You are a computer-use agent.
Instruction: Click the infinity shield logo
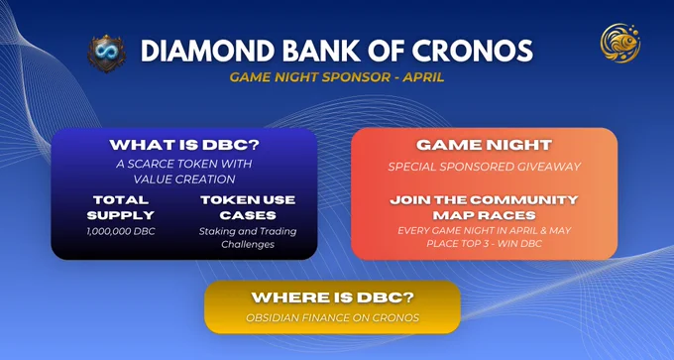pyautogui.click(x=107, y=54)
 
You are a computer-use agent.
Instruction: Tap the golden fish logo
pyautogui.click(x=620, y=43)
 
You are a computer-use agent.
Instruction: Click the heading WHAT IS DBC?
pyautogui.click(x=184, y=145)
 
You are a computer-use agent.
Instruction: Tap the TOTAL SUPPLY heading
pyautogui.click(x=120, y=207)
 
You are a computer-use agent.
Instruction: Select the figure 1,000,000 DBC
pyautogui.click(x=120, y=231)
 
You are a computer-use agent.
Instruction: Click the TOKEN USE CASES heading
pyautogui.click(x=248, y=207)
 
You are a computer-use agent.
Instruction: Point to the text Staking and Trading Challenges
pyautogui.click(x=248, y=238)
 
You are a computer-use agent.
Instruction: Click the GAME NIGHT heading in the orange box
pyautogui.click(x=484, y=145)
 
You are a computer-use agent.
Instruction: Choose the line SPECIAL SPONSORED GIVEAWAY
pyautogui.click(x=485, y=166)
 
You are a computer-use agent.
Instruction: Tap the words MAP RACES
pyautogui.click(x=485, y=214)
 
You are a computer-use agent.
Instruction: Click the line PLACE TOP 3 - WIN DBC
pyautogui.click(x=485, y=243)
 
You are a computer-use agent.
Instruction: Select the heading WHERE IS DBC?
pyautogui.click(x=332, y=298)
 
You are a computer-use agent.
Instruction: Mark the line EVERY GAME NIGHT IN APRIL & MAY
pyautogui.click(x=485, y=230)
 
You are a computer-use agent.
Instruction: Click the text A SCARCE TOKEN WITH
pyautogui.click(x=184, y=164)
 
